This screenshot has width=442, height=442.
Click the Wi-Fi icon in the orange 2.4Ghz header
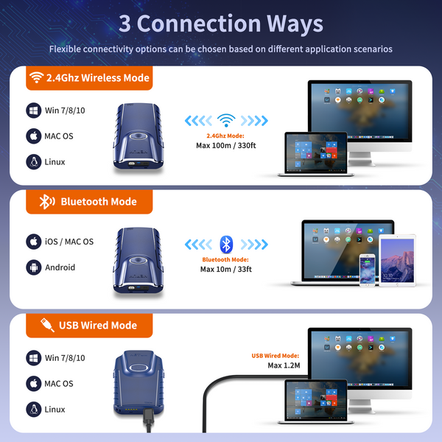point(36,77)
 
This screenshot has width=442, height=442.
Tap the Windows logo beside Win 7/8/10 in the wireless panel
point(34,110)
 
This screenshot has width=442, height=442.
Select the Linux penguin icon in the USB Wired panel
point(34,409)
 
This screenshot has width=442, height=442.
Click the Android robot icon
point(34,267)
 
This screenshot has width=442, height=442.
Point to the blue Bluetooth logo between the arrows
point(226,244)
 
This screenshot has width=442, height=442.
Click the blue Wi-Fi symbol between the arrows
point(226,120)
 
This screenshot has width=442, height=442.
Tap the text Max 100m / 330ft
point(226,145)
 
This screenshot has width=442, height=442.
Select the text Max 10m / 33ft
point(226,269)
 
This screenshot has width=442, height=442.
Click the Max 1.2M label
point(284,365)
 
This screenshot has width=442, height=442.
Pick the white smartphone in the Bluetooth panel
point(367,270)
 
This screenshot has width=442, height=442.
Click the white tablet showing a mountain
point(397,261)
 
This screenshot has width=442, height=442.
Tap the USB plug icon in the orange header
point(47,325)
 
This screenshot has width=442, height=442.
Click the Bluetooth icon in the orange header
point(47,202)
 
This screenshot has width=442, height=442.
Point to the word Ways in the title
point(295,24)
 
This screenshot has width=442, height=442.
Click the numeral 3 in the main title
point(124,24)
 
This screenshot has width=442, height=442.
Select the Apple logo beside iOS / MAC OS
point(34,242)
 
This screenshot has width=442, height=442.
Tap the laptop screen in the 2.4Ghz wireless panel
point(316,152)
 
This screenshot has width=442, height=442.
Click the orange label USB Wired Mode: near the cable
point(275,356)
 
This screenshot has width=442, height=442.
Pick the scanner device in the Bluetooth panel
point(138,261)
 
